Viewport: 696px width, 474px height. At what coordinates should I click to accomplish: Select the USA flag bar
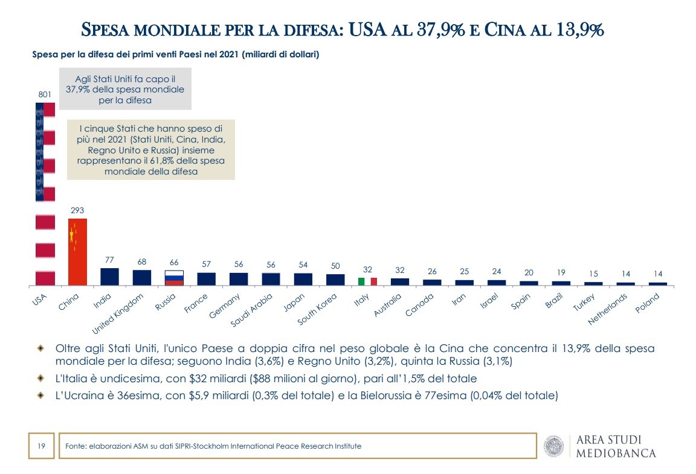pos(45,193)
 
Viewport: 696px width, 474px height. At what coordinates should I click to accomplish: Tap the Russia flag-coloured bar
pos(174,277)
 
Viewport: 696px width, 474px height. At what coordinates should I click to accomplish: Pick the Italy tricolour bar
pos(367,281)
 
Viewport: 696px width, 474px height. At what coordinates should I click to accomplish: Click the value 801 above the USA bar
pos(45,94)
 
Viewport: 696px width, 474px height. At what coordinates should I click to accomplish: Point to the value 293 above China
pos(77,210)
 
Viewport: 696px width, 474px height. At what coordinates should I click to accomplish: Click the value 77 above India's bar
pos(109,260)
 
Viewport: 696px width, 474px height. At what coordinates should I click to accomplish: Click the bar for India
pos(109,277)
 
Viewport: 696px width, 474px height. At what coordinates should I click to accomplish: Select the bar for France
pos(206,278)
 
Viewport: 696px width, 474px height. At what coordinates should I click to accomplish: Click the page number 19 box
pos(42,446)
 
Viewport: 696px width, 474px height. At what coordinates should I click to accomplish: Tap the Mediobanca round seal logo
pos(554,446)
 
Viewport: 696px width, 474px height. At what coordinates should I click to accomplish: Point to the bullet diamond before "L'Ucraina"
pos(40,396)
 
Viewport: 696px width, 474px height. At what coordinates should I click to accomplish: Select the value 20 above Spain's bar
pos(528,272)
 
